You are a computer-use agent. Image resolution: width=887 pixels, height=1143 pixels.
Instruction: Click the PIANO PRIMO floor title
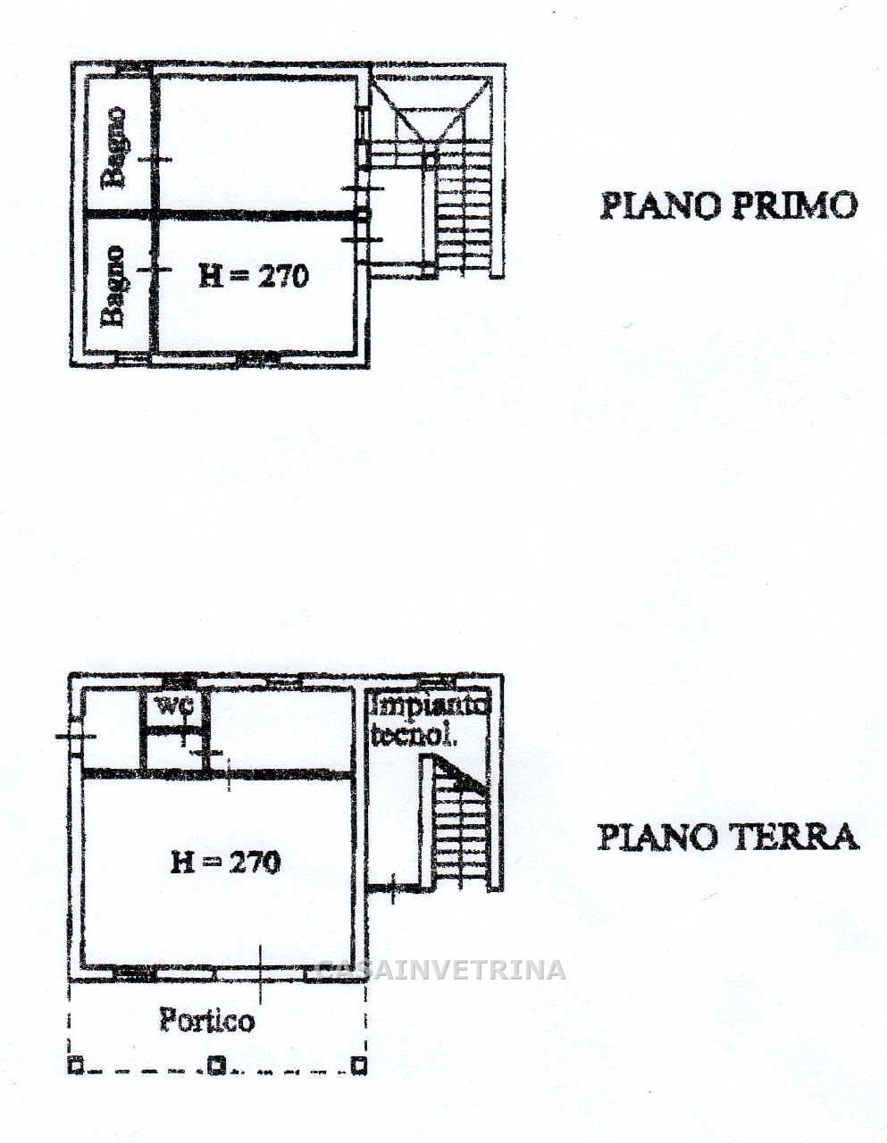(729, 205)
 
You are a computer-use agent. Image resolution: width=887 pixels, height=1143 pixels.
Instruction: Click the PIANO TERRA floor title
(728, 837)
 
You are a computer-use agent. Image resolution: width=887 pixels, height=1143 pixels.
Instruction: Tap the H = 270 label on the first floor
(254, 276)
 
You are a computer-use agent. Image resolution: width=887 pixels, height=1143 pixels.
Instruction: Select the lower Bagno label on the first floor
(113, 287)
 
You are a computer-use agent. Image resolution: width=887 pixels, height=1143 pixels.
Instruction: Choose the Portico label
(207, 1020)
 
